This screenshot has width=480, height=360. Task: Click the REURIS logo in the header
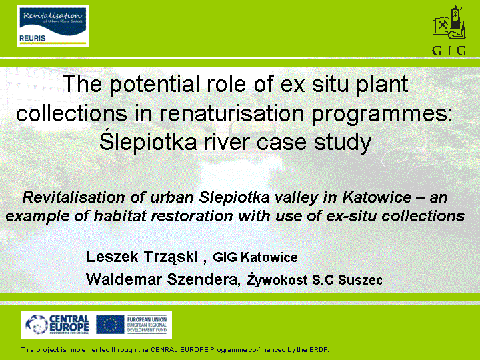(53, 26)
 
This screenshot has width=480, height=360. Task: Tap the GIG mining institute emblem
(449, 30)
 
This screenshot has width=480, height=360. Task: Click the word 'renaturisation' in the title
(232, 113)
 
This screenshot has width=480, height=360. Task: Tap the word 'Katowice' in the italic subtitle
(377, 197)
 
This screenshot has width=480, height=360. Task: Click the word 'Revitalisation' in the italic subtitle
(74, 197)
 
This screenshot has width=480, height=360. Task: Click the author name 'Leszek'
(113, 257)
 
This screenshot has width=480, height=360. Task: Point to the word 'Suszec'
(361, 280)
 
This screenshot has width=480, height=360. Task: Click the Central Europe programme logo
(57, 325)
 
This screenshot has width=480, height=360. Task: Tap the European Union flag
(110, 325)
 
